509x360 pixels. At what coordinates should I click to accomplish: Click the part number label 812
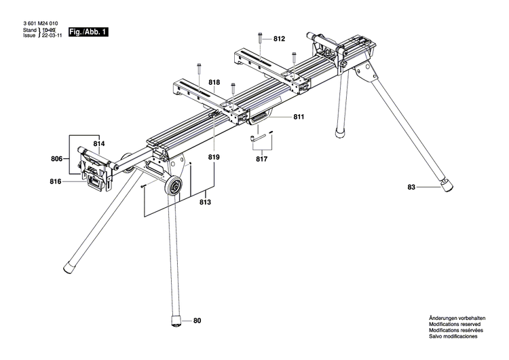tap(280, 39)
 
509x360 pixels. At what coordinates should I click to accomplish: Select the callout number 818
tap(214, 82)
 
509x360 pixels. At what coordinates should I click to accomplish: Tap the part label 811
tap(299, 117)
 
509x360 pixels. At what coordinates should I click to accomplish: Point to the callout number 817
tap(261, 160)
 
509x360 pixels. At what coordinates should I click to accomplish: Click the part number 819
tap(214, 157)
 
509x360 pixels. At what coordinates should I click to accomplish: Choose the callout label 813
tap(205, 202)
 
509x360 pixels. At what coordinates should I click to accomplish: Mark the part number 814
tap(99, 144)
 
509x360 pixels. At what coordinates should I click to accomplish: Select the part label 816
tap(56, 181)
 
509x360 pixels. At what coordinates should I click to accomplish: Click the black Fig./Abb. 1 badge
tap(88, 32)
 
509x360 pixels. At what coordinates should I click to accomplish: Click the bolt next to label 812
tap(260, 39)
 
